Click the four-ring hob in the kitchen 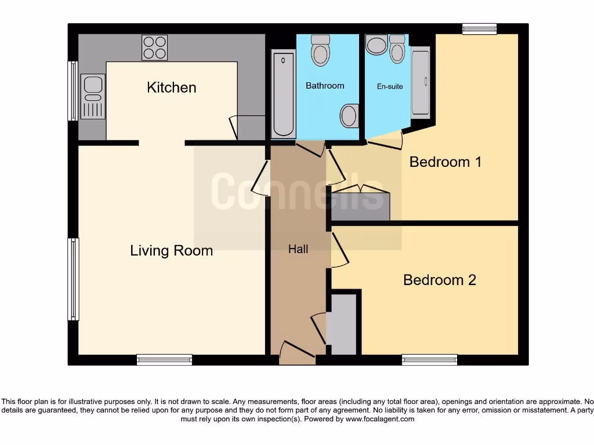pyautogui.click(x=154, y=48)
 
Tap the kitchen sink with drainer pyautogui.click(x=93, y=97)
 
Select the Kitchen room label pyautogui.click(x=172, y=87)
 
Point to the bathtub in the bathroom pyautogui.click(x=284, y=94)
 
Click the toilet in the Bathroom pyautogui.click(x=320, y=50)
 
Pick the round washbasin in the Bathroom pyautogui.click(x=349, y=116)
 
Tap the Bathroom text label pyautogui.click(x=325, y=86)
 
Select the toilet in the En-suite pyautogui.click(x=397, y=49)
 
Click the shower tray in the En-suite pyautogui.click(x=421, y=82)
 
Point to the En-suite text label pyautogui.click(x=390, y=86)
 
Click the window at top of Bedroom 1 pyautogui.click(x=479, y=29)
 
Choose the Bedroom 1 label pyautogui.click(x=445, y=162)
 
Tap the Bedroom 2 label pyautogui.click(x=440, y=280)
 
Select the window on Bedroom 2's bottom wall pyautogui.click(x=430, y=360)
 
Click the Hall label pyautogui.click(x=298, y=249)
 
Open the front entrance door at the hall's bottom pyautogui.click(x=297, y=355)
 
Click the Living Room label pyautogui.click(x=171, y=251)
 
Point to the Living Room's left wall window pyautogui.click(x=73, y=279)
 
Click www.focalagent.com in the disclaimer pyautogui.click(x=379, y=419)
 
